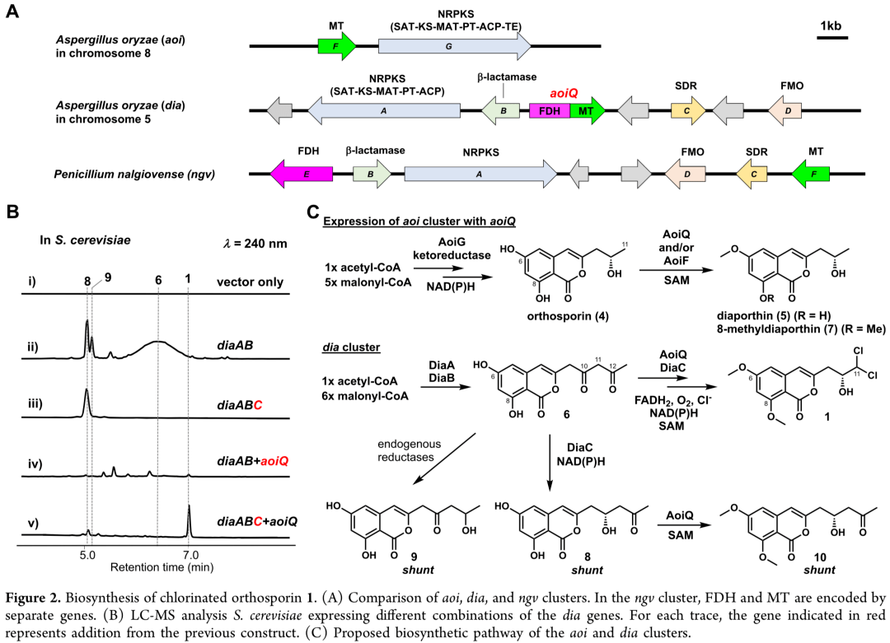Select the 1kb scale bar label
tap(830, 27)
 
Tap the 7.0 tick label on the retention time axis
tap(190, 555)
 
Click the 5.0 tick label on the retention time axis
tap(87, 555)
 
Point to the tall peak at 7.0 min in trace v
tap(190, 519)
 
